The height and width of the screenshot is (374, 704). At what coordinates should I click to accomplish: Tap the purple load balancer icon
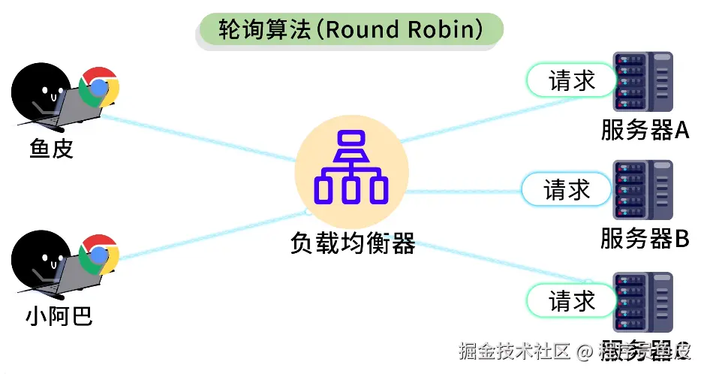pos(350,167)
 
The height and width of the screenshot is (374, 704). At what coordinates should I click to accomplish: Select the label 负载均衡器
pos(352,243)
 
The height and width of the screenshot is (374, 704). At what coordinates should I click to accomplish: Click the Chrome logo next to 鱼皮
pos(99,88)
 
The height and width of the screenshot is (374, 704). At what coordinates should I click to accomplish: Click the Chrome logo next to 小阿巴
pos(99,255)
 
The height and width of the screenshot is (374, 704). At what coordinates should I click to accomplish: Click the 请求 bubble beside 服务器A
pos(570,80)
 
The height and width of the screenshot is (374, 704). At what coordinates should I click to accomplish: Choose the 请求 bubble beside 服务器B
pos(566,190)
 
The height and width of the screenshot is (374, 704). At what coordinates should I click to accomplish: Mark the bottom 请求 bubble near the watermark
pos(570,301)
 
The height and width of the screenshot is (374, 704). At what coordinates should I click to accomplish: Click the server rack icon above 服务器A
pos(642,81)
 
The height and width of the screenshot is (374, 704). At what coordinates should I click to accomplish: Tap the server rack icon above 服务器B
pos(642,191)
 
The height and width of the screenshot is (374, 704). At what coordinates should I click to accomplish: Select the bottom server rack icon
pos(642,302)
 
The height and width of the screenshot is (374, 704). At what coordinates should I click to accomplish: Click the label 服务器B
pos(645,239)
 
